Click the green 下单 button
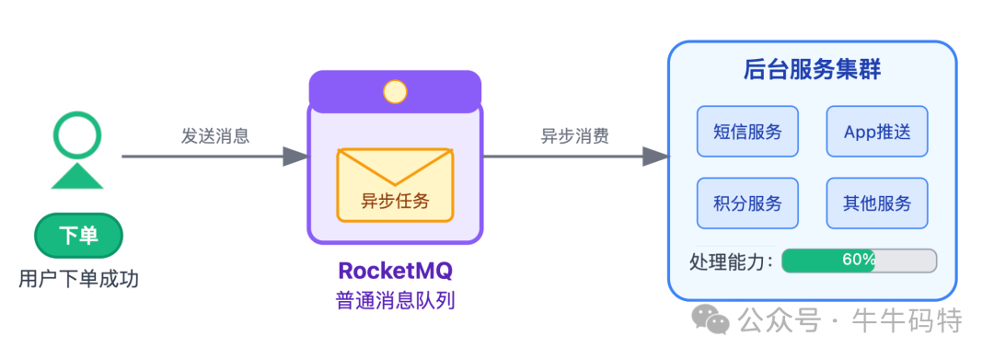(x=78, y=236)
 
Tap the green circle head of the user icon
(x=76, y=135)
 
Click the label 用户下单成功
(x=78, y=278)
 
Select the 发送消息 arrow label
(x=215, y=136)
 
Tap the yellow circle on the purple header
(x=395, y=92)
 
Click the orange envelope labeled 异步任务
(x=395, y=185)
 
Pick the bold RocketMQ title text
(x=395, y=271)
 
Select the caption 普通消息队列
(x=395, y=301)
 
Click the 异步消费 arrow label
(x=574, y=136)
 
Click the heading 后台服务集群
(x=812, y=71)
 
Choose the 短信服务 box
(x=747, y=132)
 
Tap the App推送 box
(x=876, y=132)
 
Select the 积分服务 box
(x=747, y=203)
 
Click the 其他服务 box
(x=876, y=203)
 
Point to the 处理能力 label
(x=731, y=261)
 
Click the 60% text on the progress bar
(x=858, y=261)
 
